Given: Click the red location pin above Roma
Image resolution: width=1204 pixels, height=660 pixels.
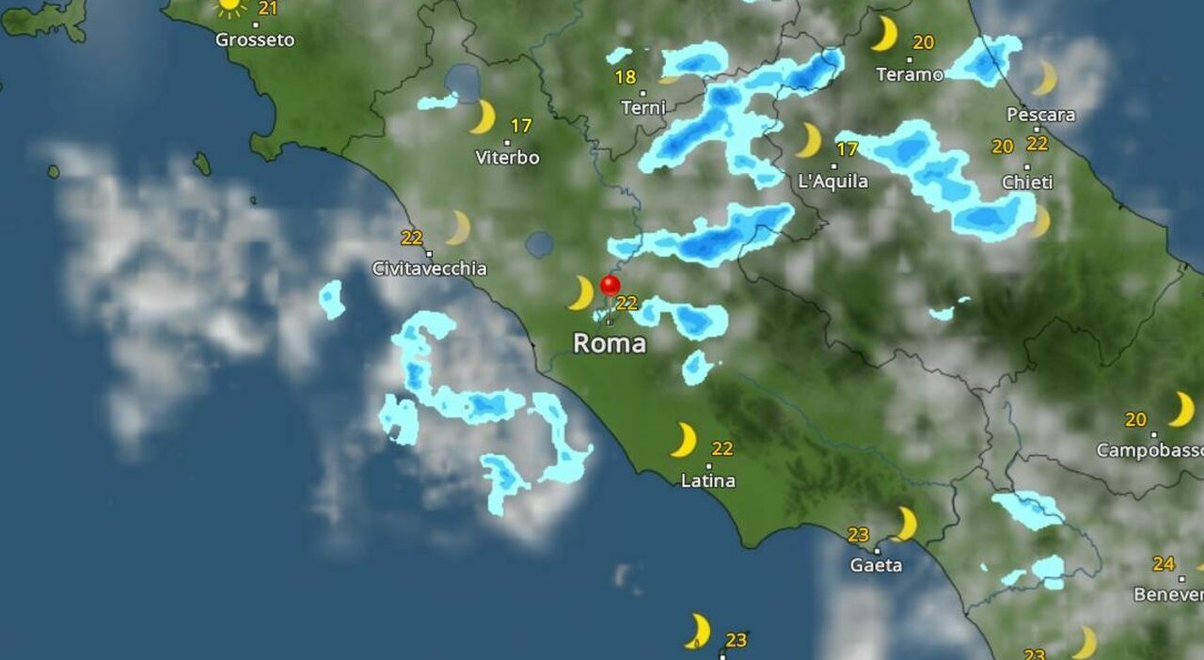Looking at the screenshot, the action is (610, 286).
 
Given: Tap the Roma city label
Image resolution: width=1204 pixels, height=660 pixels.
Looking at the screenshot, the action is (610, 343).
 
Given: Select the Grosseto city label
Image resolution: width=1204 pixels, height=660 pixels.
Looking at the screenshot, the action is (255, 39).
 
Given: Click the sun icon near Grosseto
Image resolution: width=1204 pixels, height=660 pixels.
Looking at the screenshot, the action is (230, 7).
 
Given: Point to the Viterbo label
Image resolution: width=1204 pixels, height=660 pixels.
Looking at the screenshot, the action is (508, 158).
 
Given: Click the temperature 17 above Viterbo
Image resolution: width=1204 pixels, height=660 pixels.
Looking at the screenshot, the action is (521, 125).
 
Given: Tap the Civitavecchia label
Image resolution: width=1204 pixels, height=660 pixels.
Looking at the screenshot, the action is (430, 269).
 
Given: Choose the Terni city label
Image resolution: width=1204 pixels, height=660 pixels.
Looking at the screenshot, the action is (643, 108).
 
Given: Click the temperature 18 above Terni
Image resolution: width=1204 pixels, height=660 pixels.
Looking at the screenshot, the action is (626, 77).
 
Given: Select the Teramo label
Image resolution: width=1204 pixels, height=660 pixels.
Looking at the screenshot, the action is (910, 74).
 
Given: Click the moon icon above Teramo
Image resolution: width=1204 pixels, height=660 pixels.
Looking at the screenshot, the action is (884, 34).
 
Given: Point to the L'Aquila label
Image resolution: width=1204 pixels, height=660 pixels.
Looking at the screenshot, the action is (832, 181).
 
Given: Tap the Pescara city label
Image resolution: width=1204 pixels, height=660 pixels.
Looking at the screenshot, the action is (1041, 115).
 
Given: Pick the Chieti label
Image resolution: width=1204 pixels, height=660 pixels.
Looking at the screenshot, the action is (1027, 182).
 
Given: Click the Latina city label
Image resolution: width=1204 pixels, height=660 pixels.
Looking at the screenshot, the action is (708, 480).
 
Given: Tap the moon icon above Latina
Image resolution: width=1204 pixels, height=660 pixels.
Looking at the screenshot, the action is (684, 440).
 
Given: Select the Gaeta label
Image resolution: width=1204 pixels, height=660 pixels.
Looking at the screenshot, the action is (876, 565).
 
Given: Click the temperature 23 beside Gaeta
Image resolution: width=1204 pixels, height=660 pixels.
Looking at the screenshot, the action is (858, 535).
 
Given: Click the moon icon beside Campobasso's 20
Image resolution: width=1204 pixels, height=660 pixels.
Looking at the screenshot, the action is (1181, 410).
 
